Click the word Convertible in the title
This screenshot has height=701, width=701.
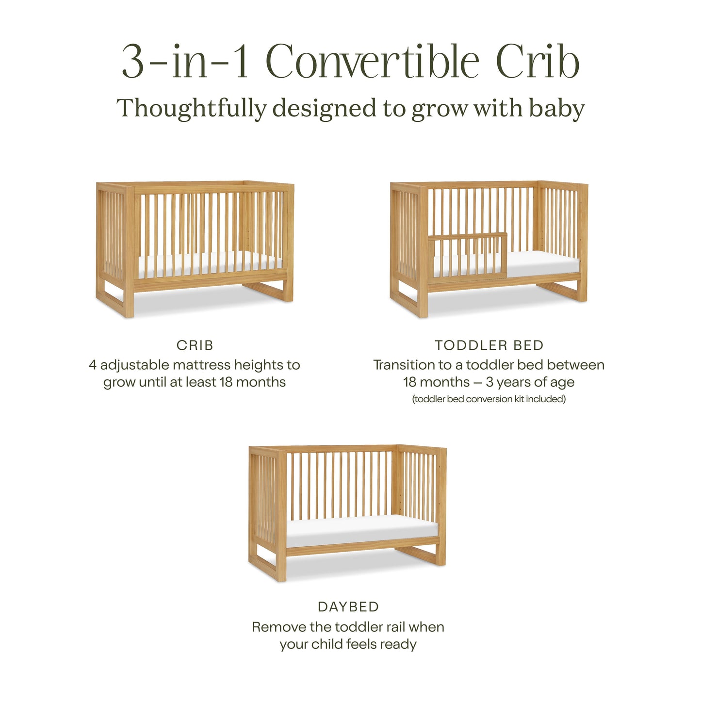click(372, 62)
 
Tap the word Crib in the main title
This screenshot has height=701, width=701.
click(538, 62)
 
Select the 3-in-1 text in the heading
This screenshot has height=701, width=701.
click(185, 62)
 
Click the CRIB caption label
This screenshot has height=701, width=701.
click(195, 345)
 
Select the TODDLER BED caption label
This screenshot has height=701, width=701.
click(489, 345)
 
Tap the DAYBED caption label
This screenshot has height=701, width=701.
click(348, 607)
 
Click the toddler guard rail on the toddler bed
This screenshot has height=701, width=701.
click(468, 257)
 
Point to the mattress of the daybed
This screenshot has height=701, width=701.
click(361, 530)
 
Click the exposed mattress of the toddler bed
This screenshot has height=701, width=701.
click(543, 264)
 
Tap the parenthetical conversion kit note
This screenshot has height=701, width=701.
click(489, 399)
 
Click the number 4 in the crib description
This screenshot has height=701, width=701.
click(93, 365)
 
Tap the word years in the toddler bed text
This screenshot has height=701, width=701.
click(516, 383)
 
